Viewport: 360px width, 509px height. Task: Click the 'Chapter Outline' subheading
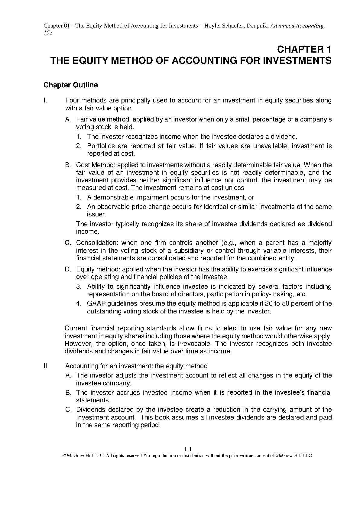click(x=71, y=85)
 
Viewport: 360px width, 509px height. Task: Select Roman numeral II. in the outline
click(x=46, y=366)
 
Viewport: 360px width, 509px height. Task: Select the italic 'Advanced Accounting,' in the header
click(x=298, y=26)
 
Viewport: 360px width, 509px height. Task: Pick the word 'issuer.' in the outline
click(x=97, y=214)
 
